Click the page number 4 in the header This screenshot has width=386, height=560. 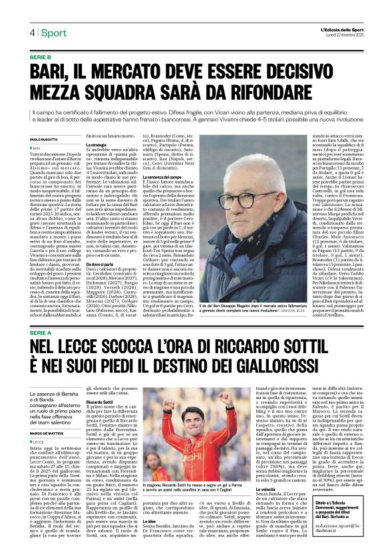(32, 33)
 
